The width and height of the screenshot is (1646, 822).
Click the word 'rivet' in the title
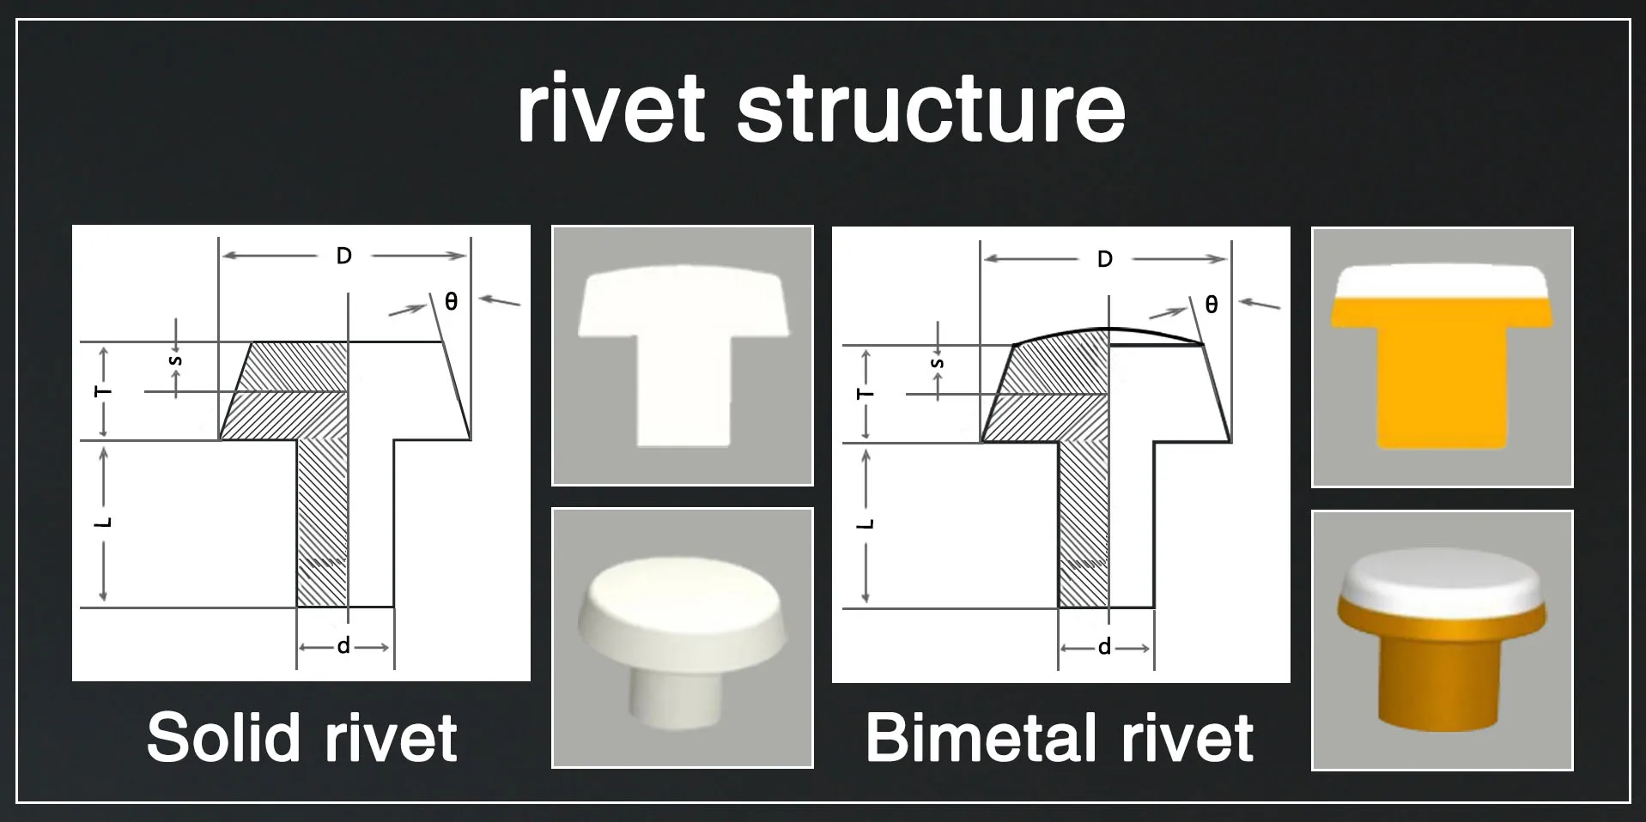click(x=610, y=109)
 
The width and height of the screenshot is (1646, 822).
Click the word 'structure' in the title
click(x=931, y=109)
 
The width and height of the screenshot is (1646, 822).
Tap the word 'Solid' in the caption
click(x=224, y=737)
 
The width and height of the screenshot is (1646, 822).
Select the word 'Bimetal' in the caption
click(x=981, y=737)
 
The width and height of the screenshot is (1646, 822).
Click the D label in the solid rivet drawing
click(x=343, y=256)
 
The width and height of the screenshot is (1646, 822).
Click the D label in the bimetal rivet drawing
click(x=1105, y=259)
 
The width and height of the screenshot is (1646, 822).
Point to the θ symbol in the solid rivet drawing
click(x=451, y=302)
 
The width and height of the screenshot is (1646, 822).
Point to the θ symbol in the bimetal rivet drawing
click(x=1212, y=305)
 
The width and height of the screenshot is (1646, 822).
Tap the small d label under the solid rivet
click(x=343, y=646)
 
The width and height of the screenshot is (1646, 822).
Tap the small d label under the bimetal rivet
click(x=1104, y=647)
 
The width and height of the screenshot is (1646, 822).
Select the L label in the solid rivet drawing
click(x=104, y=522)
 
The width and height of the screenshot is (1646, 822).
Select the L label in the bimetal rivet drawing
click(x=866, y=523)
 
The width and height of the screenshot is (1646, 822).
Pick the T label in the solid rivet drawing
click(x=104, y=391)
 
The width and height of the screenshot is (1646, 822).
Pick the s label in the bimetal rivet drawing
click(x=937, y=364)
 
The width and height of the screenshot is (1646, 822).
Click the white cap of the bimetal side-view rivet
click(x=1442, y=281)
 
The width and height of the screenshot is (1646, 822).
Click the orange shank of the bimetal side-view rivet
click(x=1442, y=386)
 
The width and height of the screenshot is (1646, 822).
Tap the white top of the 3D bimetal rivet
click(x=1442, y=575)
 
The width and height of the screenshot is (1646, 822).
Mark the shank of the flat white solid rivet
click(x=683, y=386)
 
